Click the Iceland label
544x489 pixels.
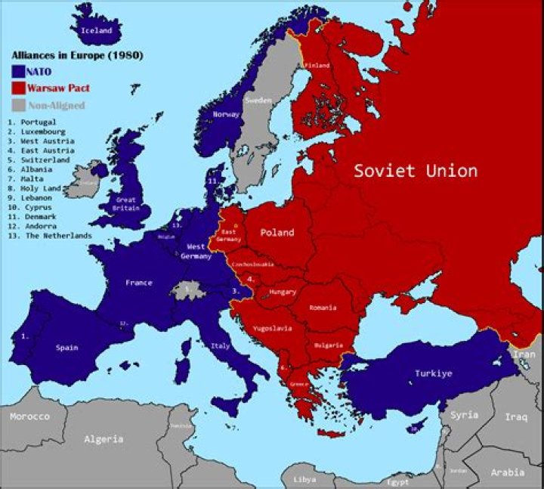pyautogui.click(x=97, y=31)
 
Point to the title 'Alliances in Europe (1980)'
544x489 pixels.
pyautogui.click(x=77, y=56)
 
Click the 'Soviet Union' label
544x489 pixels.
pyautogui.click(x=416, y=171)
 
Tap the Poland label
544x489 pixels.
pyautogui.click(x=277, y=233)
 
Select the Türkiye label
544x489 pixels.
pyautogui.click(x=433, y=373)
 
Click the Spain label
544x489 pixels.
pyautogui.click(x=66, y=348)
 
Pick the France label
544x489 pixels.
pyautogui.click(x=139, y=283)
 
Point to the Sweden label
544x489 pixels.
pyautogui.click(x=258, y=100)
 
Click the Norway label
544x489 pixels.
pyautogui.click(x=227, y=115)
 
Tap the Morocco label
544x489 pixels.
pyautogui.click(x=29, y=416)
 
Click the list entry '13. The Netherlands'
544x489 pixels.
pyautogui.click(x=49, y=236)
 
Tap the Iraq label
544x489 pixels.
pyautogui.click(x=516, y=416)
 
